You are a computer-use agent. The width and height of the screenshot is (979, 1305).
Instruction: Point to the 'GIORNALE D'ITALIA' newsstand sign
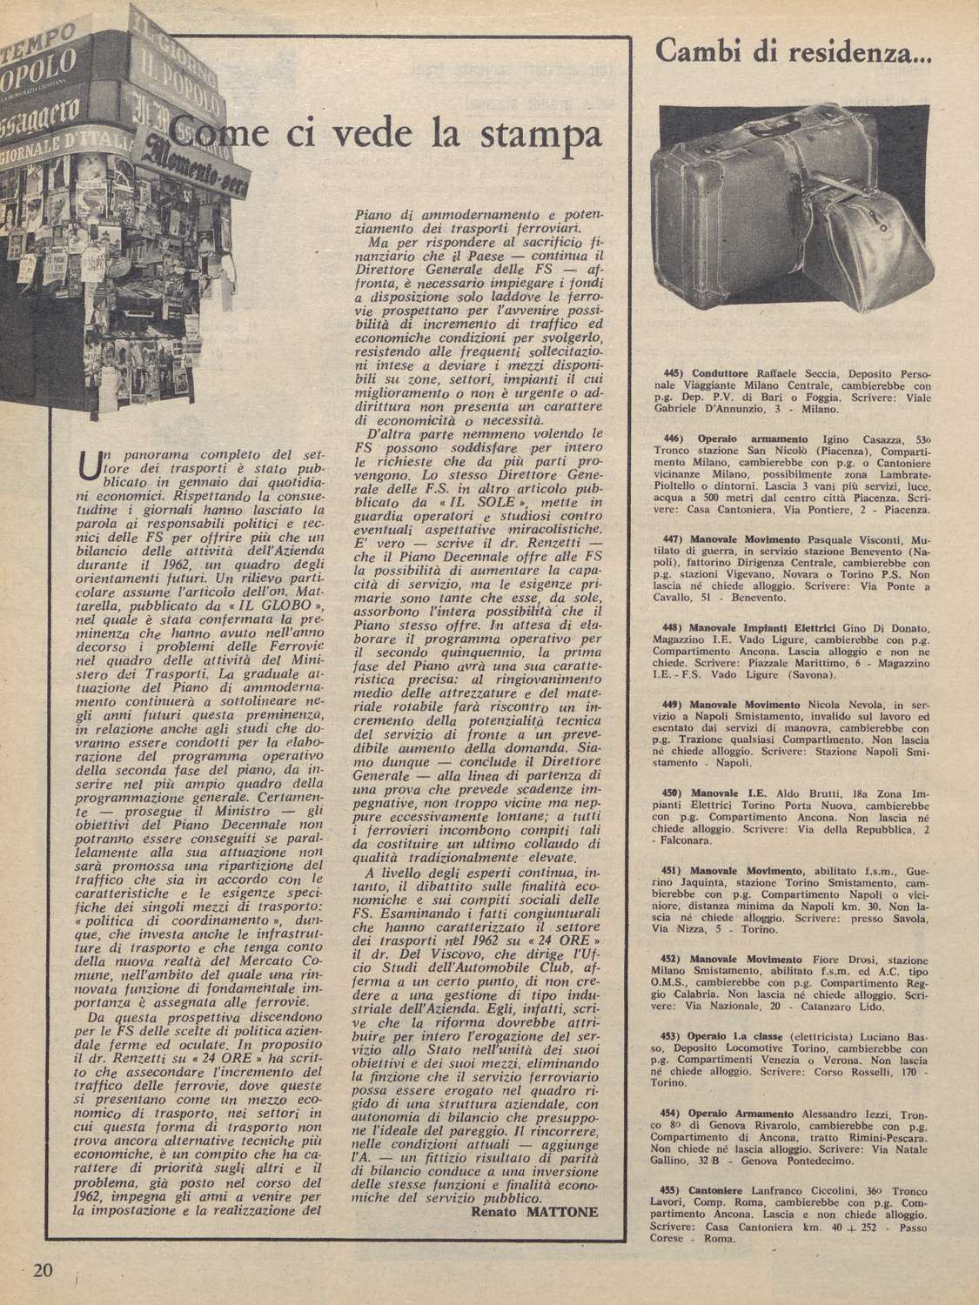pos(61,144)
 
